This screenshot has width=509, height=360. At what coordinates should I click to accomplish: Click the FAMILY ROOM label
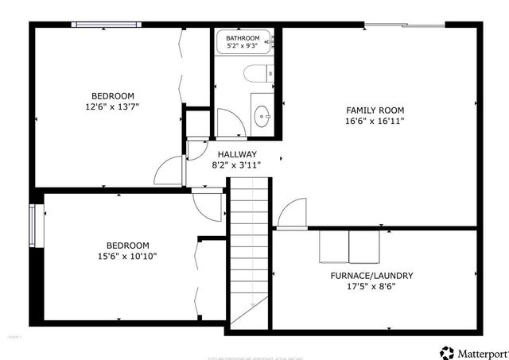tap(375, 110)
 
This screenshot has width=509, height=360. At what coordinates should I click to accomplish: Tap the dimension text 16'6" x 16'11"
tap(375, 122)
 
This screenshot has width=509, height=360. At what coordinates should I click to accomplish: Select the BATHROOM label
tap(242, 38)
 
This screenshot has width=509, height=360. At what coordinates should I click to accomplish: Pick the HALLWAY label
tap(237, 154)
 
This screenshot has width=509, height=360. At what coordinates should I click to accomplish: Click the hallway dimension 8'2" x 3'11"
tap(237, 165)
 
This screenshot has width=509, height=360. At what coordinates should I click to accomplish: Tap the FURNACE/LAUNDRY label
tap(371, 276)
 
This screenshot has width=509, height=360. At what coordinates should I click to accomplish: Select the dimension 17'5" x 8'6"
tap(371, 287)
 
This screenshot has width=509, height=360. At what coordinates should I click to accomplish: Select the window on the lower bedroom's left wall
tap(33, 226)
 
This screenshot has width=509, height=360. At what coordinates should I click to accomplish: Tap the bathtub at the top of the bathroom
tap(244, 45)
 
